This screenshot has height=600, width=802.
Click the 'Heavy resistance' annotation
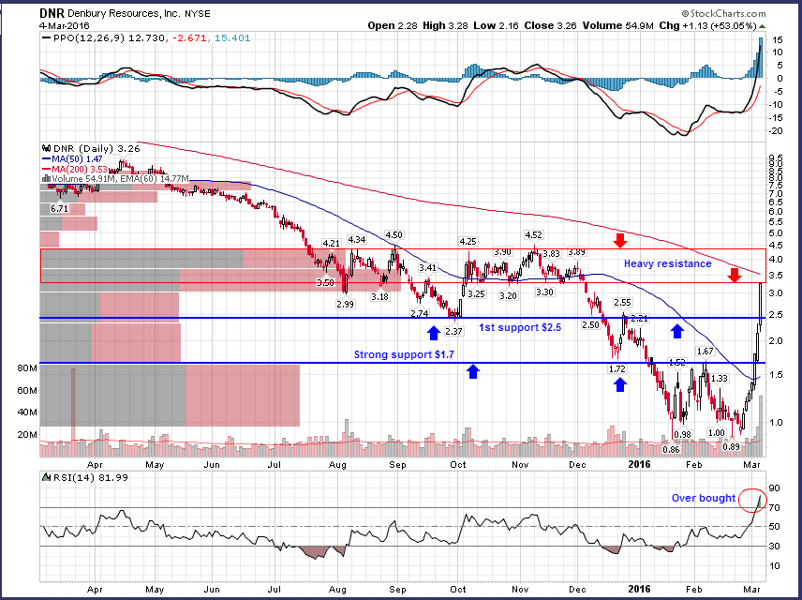pos(668,264)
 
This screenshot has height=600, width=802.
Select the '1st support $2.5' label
pos(520,328)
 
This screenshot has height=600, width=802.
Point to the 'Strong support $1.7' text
pos(404,354)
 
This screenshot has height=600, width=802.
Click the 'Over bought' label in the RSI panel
pos(703,498)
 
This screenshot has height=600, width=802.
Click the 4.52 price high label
pos(532,235)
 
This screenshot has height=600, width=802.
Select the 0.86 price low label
pos(670,448)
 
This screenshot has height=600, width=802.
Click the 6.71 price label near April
pos(60,208)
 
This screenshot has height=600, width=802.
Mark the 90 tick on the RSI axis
pos(774,488)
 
